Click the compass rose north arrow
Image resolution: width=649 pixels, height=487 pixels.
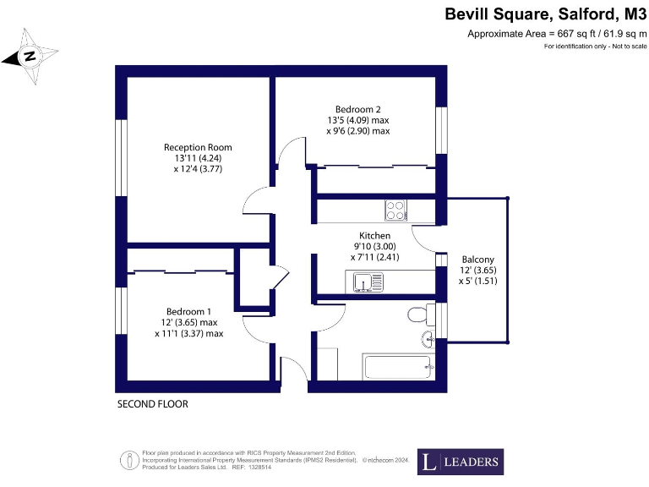tap(30, 57)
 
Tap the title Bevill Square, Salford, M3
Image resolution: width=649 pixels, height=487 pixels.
tap(545, 14)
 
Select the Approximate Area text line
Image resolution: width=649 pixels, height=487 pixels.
tap(557, 34)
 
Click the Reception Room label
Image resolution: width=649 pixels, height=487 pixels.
tap(198, 147)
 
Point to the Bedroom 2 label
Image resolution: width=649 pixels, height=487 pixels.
tap(357, 109)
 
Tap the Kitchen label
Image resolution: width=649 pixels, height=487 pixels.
tap(374, 236)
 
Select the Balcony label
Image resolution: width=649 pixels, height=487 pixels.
tap(477, 260)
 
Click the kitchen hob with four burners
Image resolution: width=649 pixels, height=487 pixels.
tap(395, 209)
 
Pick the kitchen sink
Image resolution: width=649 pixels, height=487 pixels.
tap(366, 282)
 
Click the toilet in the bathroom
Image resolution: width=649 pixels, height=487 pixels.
tap(417, 315)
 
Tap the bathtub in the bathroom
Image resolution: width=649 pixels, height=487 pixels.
tap(398, 366)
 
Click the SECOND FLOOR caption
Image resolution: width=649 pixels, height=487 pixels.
tap(152, 405)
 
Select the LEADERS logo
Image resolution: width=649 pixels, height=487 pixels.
tap(461, 462)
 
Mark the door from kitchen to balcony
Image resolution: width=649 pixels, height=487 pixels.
tap(427, 239)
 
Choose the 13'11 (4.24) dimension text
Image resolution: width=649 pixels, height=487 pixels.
tap(198, 157)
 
